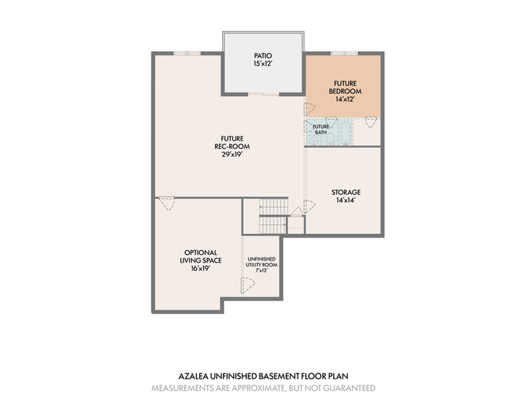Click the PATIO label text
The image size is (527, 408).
(263, 56)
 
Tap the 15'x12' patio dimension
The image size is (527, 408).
(262, 64)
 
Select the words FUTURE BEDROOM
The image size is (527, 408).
(345, 87)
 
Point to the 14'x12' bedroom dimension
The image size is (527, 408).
(345, 100)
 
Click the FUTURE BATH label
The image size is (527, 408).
(321, 129)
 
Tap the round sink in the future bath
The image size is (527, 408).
(313, 142)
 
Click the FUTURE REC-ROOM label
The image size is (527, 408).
(232, 142)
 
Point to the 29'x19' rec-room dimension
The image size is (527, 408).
(232, 155)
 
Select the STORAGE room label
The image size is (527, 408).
(346, 192)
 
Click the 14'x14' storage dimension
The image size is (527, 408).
(346, 200)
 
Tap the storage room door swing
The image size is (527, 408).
(309, 207)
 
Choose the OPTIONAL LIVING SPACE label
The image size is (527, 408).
(200, 256)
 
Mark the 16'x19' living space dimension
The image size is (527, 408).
(200, 269)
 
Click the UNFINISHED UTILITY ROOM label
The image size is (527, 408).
(262, 262)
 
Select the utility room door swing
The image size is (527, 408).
(248, 285)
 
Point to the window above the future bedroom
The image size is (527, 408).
(345, 53)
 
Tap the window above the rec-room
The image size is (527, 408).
(187, 53)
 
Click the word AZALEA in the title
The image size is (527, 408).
(193, 376)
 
